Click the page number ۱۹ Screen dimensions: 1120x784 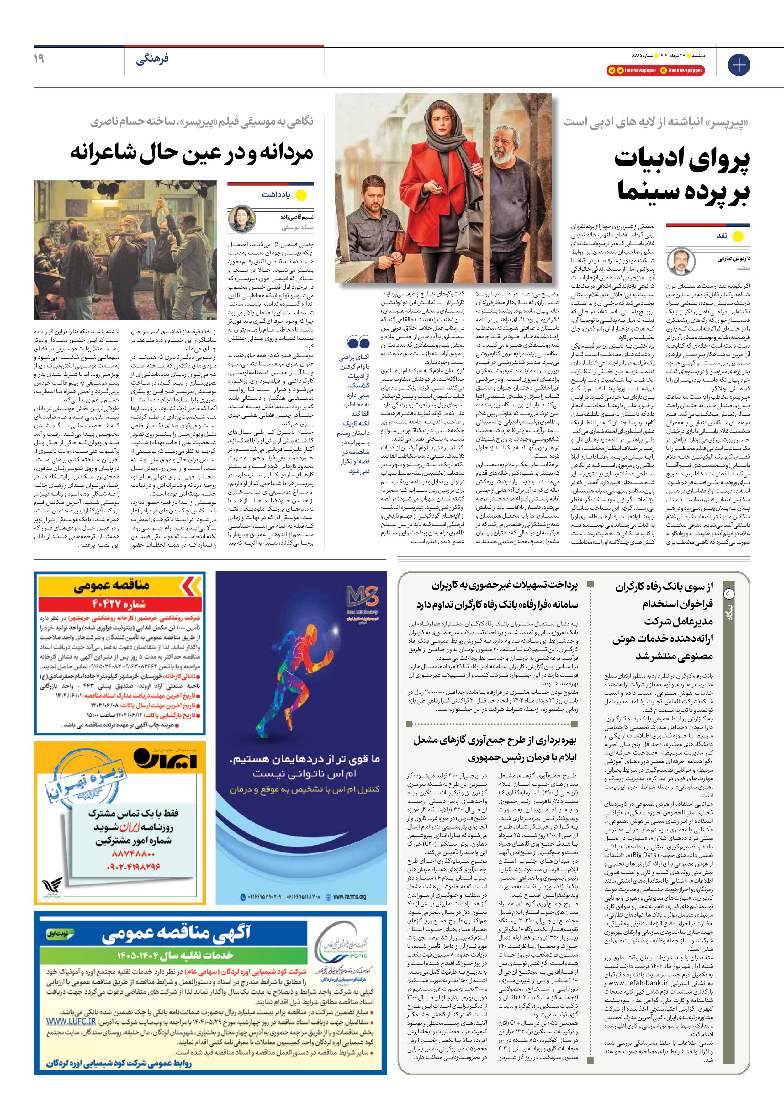[x=39, y=59]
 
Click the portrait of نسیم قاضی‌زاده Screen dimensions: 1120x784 [x=242, y=219]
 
